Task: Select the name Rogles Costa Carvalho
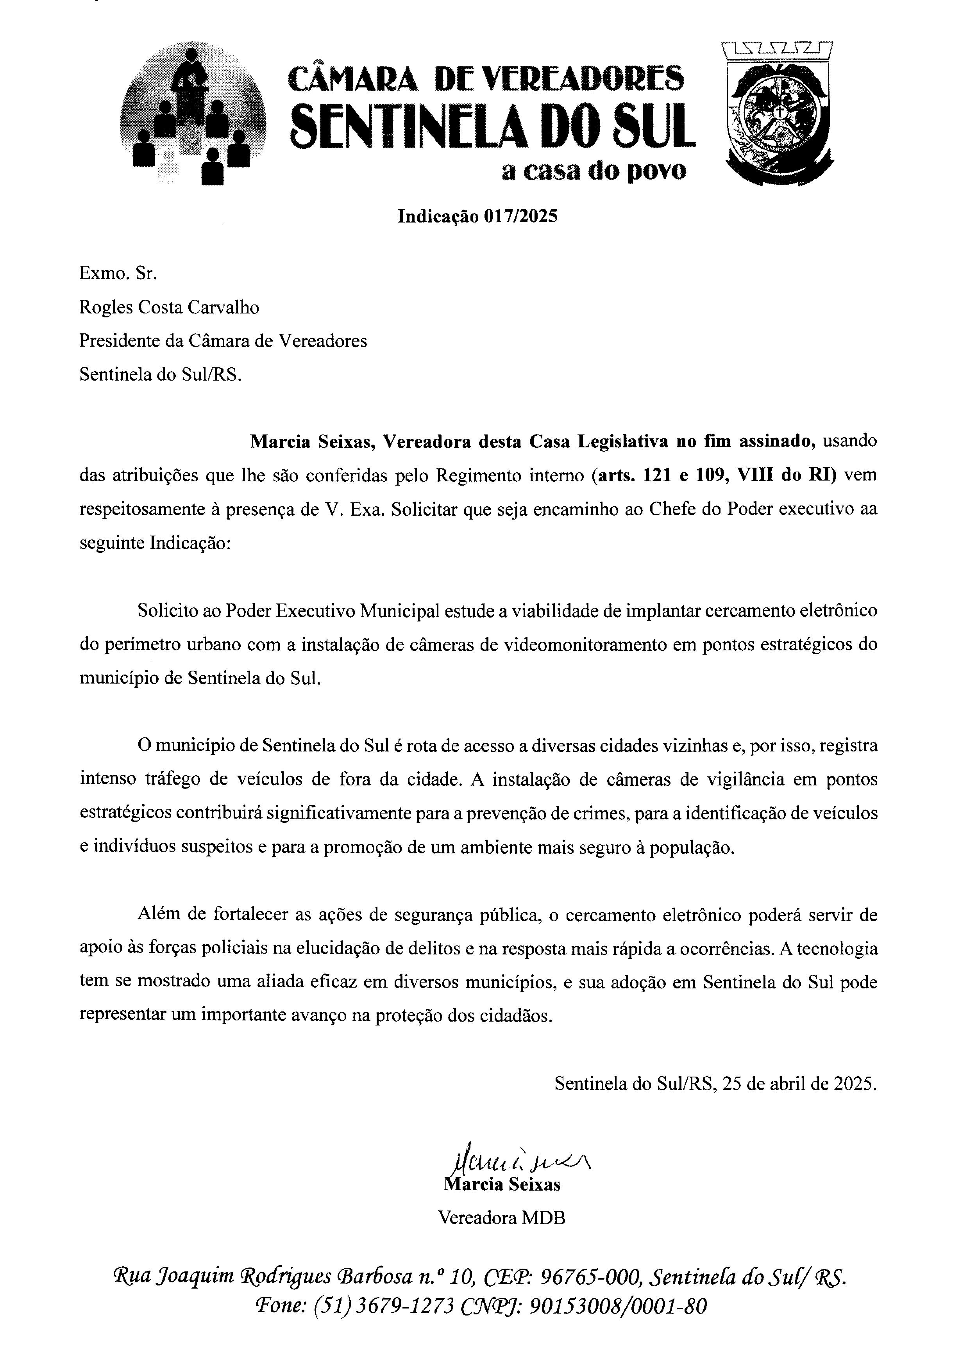[x=170, y=308]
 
